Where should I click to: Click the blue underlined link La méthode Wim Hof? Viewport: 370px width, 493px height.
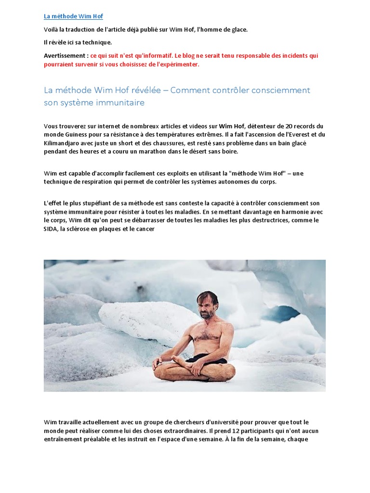(x=73, y=16)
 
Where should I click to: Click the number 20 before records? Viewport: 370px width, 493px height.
(x=276, y=126)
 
